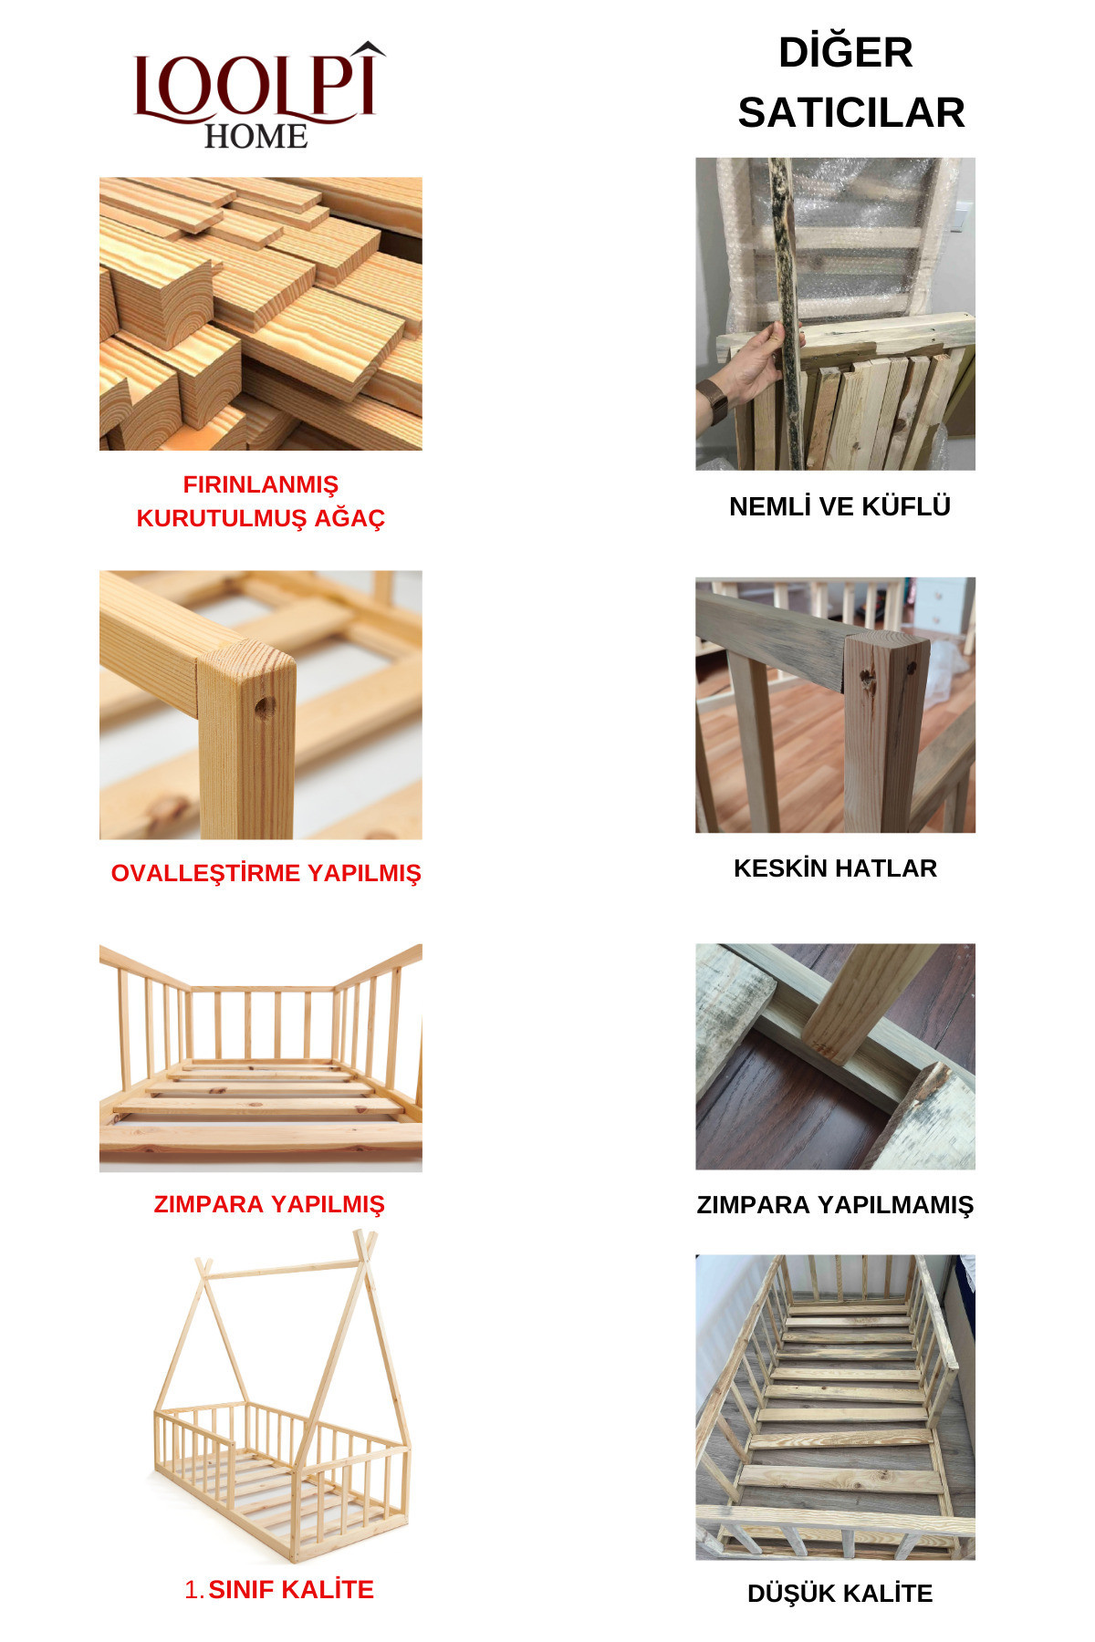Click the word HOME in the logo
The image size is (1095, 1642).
click(255, 137)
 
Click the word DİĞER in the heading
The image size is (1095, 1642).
click(845, 52)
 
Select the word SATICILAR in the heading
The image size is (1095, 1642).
click(850, 113)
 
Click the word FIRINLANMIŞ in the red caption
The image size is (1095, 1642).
click(260, 484)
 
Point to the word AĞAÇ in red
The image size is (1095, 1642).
click(349, 518)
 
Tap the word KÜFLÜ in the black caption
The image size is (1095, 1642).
click(902, 506)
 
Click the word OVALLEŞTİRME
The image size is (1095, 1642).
click(206, 873)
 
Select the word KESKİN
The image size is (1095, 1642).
click(780, 868)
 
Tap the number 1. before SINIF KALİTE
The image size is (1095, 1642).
click(193, 1590)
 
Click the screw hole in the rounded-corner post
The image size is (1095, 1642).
click(265, 707)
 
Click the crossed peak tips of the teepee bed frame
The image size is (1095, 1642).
click(365, 1242)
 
